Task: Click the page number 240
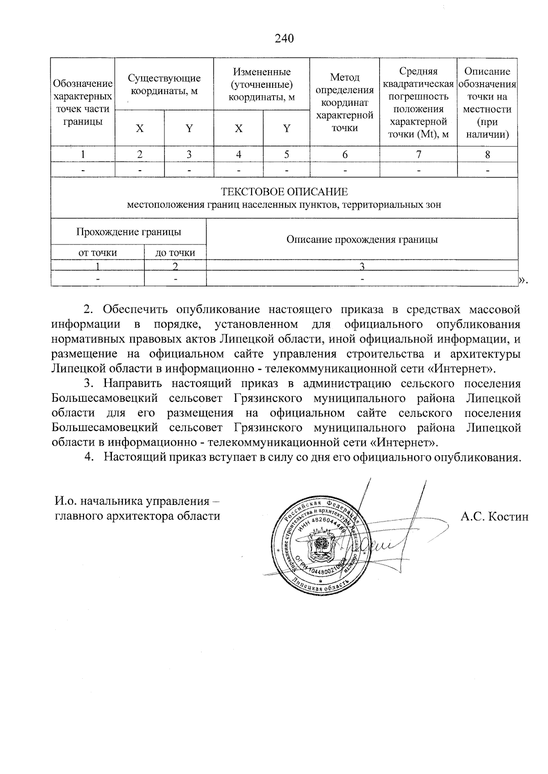coord(284,38)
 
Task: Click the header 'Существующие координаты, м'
coord(164,84)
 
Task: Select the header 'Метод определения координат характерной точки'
coord(344,102)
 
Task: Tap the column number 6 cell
coord(345,155)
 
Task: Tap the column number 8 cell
coord(487,155)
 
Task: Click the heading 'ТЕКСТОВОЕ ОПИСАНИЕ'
coord(284,192)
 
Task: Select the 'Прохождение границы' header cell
coord(128,232)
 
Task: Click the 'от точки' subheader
coord(97,253)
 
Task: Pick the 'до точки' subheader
coord(175,253)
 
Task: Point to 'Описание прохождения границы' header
coord(362,239)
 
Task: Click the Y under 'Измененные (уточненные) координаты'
coord(286,129)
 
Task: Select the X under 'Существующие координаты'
coord(139,129)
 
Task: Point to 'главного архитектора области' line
coord(137,516)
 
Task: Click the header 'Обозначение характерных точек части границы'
coord(83,102)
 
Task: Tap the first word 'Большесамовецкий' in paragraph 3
coord(105,398)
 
